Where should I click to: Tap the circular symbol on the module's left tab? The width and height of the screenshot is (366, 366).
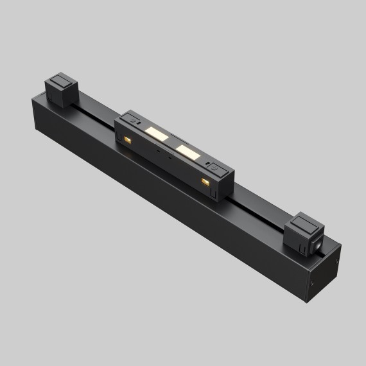[133, 119]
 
